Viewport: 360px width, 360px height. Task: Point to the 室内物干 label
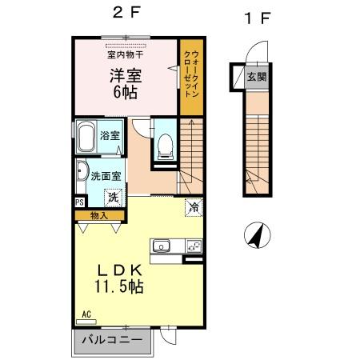tap(125, 54)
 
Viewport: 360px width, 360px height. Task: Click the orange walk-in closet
tap(190, 76)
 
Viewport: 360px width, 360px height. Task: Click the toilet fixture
tap(164, 145)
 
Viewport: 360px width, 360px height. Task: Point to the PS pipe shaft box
tap(79, 203)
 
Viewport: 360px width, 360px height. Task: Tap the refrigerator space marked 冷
tap(194, 208)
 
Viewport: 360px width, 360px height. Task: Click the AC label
tap(86, 315)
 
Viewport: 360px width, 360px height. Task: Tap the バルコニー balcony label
tap(112, 340)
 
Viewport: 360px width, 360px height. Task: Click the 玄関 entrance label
tap(256, 78)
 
